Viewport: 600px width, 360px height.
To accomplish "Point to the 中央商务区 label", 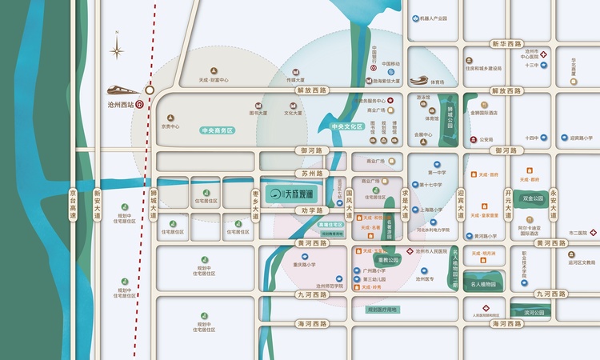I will click(x=217, y=130).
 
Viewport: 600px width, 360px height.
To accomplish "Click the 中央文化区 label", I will click(x=346, y=126).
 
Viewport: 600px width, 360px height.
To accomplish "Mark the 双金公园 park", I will click(x=533, y=198).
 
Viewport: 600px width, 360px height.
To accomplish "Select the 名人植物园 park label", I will click(x=482, y=284).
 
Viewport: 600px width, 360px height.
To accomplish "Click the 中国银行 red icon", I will click(x=374, y=70).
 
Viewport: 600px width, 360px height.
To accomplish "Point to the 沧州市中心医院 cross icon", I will click(x=543, y=54).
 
